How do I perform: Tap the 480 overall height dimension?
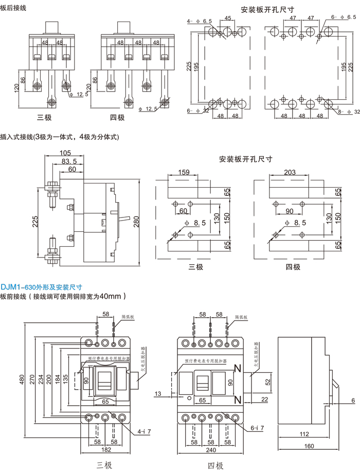point(23,379)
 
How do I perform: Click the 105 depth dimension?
point(65,153)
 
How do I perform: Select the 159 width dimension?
point(184,173)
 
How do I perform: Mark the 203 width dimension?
point(290,173)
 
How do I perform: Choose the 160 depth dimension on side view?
point(309,446)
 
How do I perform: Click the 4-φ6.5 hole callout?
point(200,21)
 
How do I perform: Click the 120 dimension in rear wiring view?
point(16,89)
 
